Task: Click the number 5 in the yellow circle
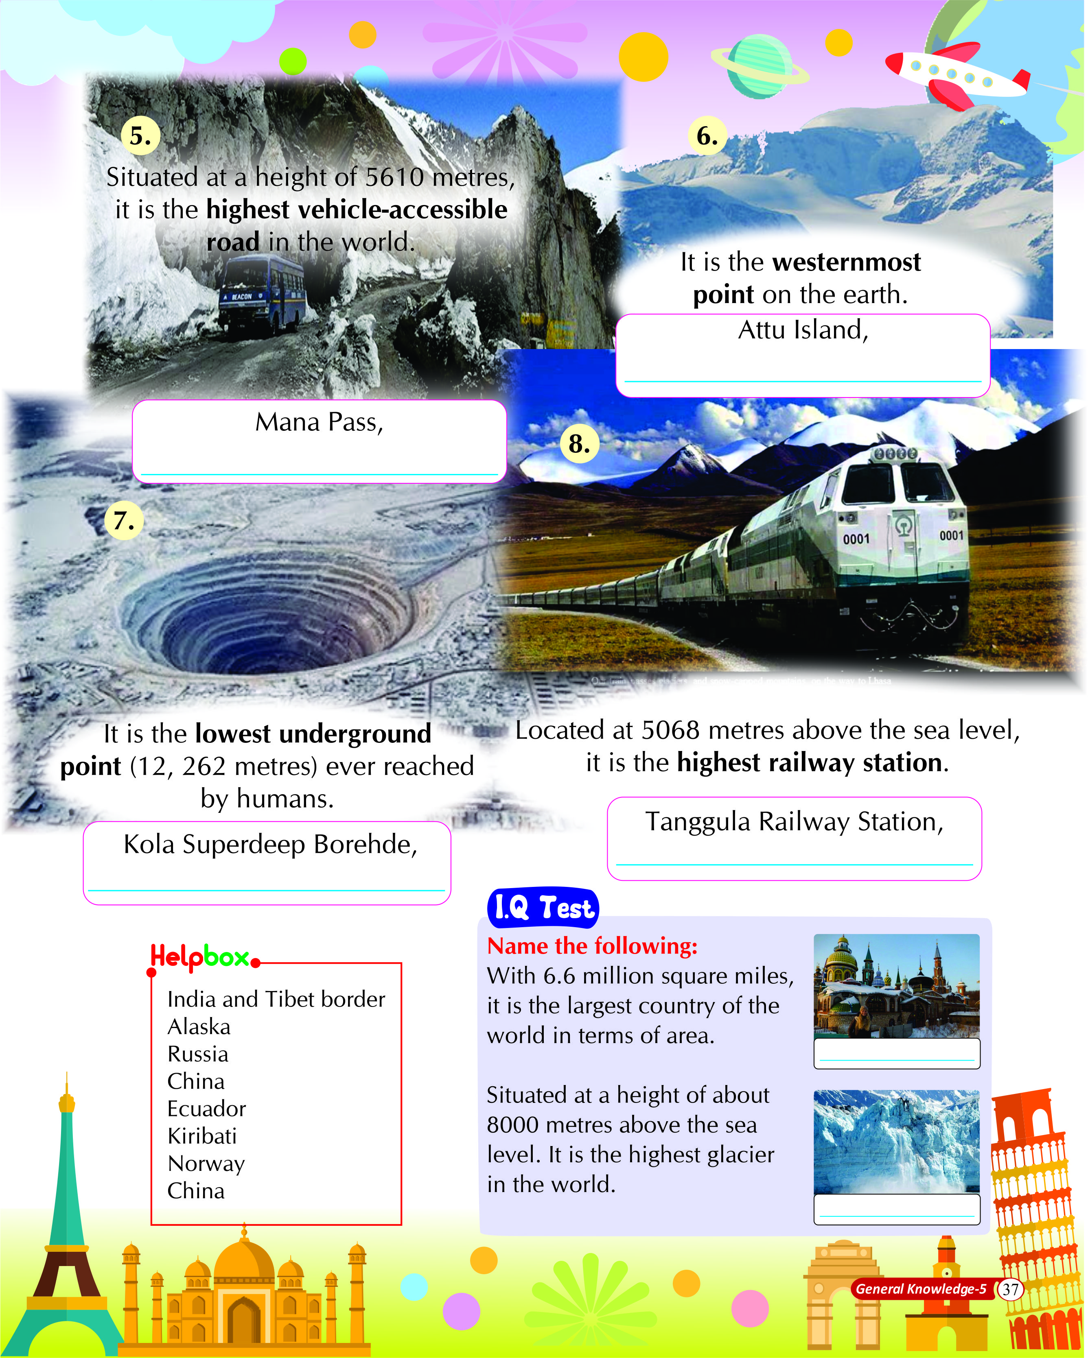coord(140,136)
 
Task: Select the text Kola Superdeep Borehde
coord(270,844)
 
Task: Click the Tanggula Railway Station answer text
coord(794,821)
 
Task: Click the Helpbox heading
coord(200,957)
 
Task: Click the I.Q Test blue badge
coord(543,908)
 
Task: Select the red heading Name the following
coord(592,945)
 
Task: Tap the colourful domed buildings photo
coord(896,986)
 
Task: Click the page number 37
coord(1010,1289)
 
